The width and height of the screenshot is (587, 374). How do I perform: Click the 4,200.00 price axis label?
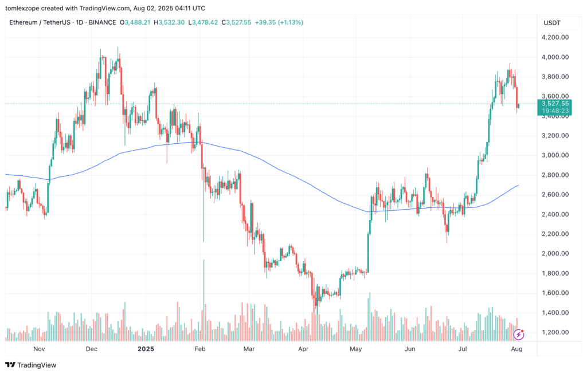[x=555, y=37]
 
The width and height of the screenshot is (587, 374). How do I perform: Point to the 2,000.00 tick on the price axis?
[x=555, y=253]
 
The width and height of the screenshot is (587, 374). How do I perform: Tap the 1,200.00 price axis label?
[x=555, y=332]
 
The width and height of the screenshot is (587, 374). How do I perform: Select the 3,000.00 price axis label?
[x=555, y=155]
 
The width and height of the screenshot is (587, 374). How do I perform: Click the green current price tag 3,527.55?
[x=553, y=104]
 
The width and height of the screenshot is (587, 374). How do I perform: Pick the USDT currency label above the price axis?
[x=553, y=22]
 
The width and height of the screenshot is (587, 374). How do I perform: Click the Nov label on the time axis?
[x=39, y=348]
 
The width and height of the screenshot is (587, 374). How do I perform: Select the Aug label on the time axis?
[x=516, y=348]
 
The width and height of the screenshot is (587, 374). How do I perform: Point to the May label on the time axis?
[x=355, y=348]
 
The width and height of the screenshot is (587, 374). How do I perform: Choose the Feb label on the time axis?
[x=199, y=348]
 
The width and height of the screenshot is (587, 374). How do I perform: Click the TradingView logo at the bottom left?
[x=27, y=365]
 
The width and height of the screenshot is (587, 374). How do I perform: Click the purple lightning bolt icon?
[x=519, y=334]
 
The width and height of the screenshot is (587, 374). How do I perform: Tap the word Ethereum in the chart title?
[x=25, y=22]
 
